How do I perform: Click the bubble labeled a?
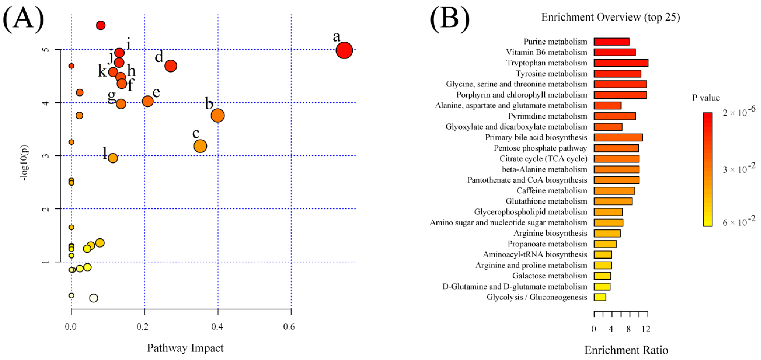pyautogui.click(x=344, y=50)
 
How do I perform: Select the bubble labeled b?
pyautogui.click(x=218, y=115)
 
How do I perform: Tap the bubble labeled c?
pyautogui.click(x=200, y=146)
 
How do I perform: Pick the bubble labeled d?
pyautogui.click(x=171, y=66)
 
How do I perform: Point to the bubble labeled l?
pyautogui.click(x=113, y=158)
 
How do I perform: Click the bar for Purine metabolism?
pyautogui.click(x=611, y=42)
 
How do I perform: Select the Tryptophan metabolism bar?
pyautogui.click(x=621, y=63)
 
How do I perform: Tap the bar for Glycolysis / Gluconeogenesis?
pyautogui.click(x=600, y=297)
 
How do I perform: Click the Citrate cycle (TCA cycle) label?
pyautogui.click(x=543, y=159)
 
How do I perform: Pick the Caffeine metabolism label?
pyautogui.click(x=552, y=191)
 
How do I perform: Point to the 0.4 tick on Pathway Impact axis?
pyautogui.click(x=217, y=327)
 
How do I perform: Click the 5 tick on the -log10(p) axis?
pyautogui.click(x=46, y=49)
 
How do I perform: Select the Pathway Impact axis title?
pyautogui.click(x=185, y=348)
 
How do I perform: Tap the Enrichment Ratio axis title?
pyautogui.click(x=626, y=350)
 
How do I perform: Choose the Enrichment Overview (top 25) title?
pyautogui.click(x=610, y=17)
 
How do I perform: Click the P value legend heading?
pyautogui.click(x=706, y=98)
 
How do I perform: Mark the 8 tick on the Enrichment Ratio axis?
pyautogui.click(x=629, y=329)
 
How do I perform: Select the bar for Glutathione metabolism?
pyautogui.click(x=613, y=201)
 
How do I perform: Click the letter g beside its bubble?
pyautogui.click(x=111, y=96)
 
